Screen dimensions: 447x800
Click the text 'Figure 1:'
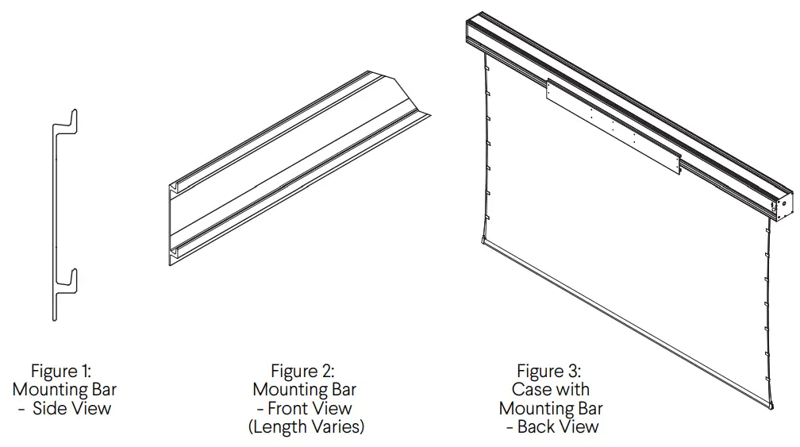point(61,371)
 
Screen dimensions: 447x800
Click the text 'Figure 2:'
point(302,371)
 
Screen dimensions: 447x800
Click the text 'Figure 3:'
point(548,371)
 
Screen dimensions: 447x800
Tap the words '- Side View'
point(65,409)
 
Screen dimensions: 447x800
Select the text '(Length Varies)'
point(306,427)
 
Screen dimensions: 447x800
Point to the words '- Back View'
point(552,427)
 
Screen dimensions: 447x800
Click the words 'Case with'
point(551,390)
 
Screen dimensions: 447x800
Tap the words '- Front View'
point(304,409)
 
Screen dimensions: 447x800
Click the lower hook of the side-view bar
point(70,277)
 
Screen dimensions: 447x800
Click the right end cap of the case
point(781,203)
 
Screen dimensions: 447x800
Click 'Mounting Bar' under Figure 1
point(65,390)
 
